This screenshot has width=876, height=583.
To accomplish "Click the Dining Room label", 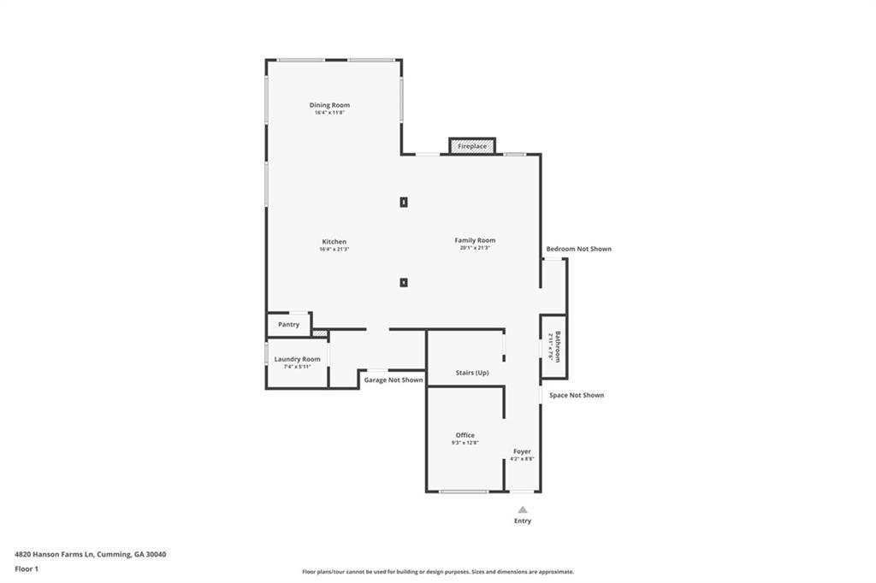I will coord(329,105).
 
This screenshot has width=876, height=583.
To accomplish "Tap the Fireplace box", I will coord(472,146).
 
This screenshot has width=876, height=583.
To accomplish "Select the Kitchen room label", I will coord(334,241).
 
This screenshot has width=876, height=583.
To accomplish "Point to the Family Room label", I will coord(475,240).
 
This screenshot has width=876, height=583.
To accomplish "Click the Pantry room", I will coord(288,325).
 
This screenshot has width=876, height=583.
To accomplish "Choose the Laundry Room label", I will coord(297,359).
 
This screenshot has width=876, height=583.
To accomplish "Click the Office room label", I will coord(465,435).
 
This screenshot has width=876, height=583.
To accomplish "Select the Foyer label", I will coord(522,451).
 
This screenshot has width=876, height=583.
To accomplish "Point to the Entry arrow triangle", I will coord(523,509).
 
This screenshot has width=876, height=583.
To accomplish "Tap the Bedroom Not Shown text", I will coord(579,249).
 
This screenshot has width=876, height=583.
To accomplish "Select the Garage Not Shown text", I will coord(394,380).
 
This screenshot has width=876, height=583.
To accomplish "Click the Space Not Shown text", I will coord(577,395).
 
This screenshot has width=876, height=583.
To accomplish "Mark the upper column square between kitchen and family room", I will coord(404,203).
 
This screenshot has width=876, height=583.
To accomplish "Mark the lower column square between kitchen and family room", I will coord(404,282).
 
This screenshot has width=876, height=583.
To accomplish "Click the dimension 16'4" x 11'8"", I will coord(329,113).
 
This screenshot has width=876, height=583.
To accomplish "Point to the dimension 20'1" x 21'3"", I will coord(475,248).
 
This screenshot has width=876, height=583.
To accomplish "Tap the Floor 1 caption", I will coord(24,568).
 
